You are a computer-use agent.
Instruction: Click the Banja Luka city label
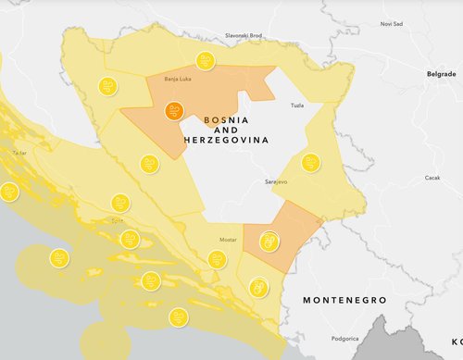(176, 80)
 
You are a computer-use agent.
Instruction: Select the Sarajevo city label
(276, 181)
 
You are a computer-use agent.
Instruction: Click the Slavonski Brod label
(244, 35)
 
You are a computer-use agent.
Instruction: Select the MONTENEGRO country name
(348, 301)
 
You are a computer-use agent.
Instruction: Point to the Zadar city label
(19, 151)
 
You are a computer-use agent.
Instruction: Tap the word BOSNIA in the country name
(226, 121)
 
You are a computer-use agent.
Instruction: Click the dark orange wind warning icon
(173, 112)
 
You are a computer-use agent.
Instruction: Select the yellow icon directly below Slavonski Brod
(206, 62)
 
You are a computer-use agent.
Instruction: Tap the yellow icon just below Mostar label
(217, 261)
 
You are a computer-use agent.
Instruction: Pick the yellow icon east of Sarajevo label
(311, 163)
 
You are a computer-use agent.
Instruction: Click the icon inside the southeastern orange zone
(269, 242)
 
